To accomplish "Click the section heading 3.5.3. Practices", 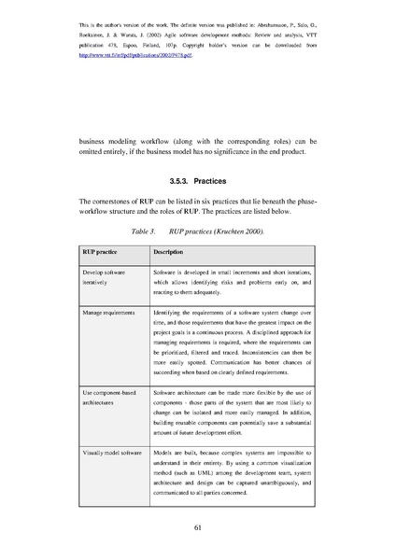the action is pos(197,180).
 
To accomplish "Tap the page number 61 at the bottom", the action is pos(198,528).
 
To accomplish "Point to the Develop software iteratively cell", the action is pos(101,274).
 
